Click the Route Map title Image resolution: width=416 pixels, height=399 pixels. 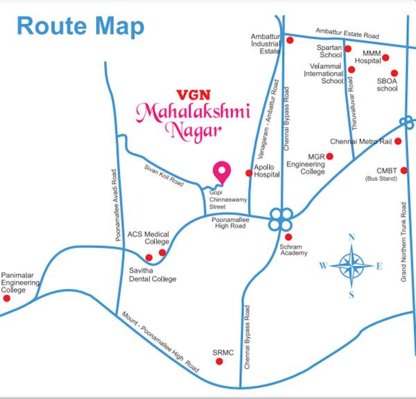80,26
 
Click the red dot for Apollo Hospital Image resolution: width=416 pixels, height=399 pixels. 250,173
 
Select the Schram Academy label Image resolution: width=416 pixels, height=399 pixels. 293,249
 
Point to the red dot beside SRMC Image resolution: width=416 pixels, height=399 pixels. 220,360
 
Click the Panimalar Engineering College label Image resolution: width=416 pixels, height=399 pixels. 21,282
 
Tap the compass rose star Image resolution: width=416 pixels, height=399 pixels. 352,265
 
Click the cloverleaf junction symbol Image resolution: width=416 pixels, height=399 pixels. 279,220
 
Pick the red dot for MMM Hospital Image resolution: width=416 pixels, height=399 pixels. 385,57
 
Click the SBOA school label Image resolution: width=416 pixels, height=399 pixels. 387,85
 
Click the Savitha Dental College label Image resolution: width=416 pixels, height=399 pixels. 153,274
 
